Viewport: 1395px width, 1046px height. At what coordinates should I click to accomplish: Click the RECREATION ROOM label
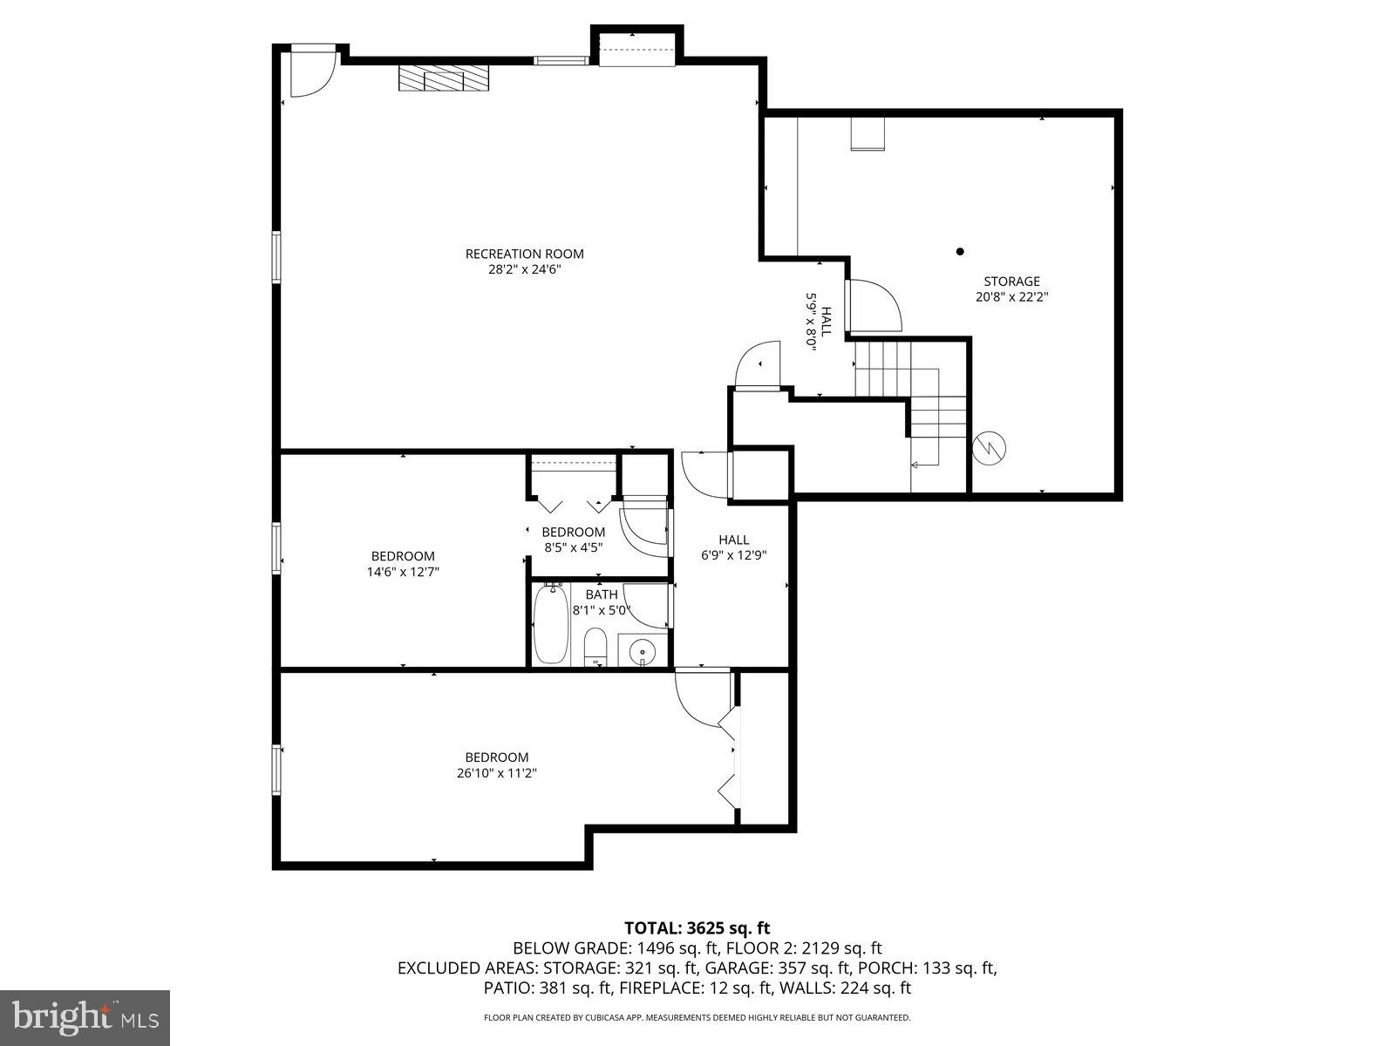[524, 254]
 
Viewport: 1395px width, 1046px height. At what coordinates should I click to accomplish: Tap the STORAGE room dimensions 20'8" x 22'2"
[1011, 296]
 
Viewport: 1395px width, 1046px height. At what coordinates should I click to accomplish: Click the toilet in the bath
[595, 646]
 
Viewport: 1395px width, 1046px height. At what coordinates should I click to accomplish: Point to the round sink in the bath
[643, 649]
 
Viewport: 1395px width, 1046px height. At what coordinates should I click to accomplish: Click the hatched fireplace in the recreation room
[444, 78]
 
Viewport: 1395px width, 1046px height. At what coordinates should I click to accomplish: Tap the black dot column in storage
[960, 251]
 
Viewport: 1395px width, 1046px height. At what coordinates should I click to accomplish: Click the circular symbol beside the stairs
[990, 448]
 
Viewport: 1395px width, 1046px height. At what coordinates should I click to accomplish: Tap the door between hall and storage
[874, 305]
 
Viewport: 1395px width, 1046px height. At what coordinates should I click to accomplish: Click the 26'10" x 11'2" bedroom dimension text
[496, 773]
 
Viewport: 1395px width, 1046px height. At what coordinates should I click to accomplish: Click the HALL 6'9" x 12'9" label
[733, 547]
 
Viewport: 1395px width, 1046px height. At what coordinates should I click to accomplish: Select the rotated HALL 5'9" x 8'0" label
[818, 320]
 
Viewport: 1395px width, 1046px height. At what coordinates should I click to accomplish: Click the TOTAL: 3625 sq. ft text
[697, 927]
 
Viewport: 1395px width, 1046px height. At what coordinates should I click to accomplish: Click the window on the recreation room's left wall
[276, 256]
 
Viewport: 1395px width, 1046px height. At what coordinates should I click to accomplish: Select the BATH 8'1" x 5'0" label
[601, 602]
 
